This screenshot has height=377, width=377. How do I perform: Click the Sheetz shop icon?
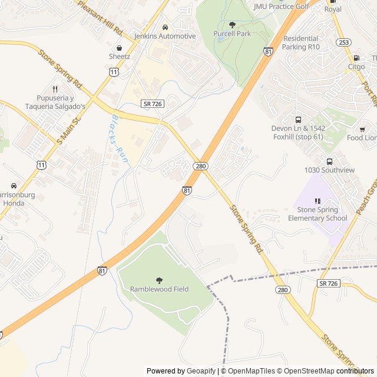click(120, 48)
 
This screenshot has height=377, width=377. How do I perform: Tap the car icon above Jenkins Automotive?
click(165, 27)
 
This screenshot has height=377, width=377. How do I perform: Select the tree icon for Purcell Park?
click(232, 25)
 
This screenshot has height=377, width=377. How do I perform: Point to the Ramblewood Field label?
click(159, 289)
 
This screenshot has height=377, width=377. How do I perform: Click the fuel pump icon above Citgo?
click(356, 58)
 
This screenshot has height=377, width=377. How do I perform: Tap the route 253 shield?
click(345, 42)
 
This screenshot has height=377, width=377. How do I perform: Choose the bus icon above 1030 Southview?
click(329, 161)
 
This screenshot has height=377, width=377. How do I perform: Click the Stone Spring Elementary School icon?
click(318, 201)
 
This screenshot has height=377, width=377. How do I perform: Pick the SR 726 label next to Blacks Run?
click(152, 103)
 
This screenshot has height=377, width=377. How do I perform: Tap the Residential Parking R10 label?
click(301, 42)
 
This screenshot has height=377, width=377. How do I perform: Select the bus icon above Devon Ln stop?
click(298, 120)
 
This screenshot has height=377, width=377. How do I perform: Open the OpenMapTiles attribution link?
click(252, 371)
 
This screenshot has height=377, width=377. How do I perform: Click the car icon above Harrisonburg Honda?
click(14, 186)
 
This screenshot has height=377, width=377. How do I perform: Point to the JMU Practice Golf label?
click(281, 6)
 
